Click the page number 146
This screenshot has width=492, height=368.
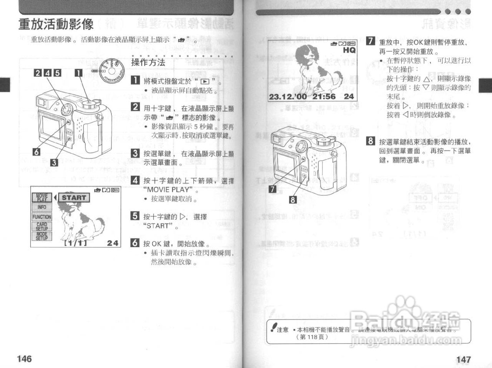(24, 358)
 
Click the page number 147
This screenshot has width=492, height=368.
(463, 359)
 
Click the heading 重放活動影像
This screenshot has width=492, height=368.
(56, 24)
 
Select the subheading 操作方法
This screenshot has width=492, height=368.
(148, 62)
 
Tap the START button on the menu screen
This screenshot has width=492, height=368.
(74, 198)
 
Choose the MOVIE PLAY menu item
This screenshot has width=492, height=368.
(42, 198)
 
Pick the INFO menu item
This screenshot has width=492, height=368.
(42, 207)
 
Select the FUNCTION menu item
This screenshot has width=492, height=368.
(42, 217)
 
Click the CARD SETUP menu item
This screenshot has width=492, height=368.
(42, 226)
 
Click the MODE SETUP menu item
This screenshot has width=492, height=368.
(42, 236)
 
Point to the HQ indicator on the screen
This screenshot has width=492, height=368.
(349, 50)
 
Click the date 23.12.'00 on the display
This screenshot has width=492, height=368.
(288, 97)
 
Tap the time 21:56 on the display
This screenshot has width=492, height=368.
(324, 97)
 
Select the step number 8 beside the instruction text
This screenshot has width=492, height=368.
(371, 141)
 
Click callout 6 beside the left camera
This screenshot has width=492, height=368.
(36, 152)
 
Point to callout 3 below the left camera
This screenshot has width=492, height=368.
(54, 162)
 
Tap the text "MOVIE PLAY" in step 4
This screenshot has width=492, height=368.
(167, 190)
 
